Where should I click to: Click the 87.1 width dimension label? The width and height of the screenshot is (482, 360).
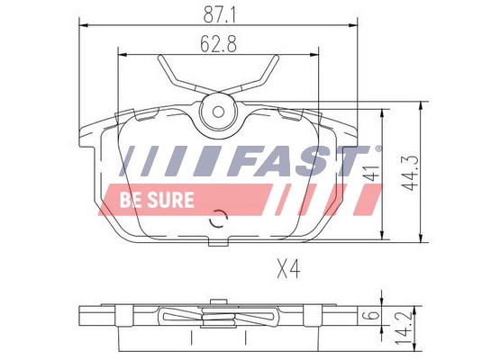(219, 13)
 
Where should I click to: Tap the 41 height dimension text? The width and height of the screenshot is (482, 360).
(369, 174)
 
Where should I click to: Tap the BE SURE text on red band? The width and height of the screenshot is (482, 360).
(156, 200)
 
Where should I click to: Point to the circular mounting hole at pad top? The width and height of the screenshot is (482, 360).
(217, 112)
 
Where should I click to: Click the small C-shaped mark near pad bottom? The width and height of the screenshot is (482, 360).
(217, 220)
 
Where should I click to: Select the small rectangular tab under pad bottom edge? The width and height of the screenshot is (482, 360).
(217, 241)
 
